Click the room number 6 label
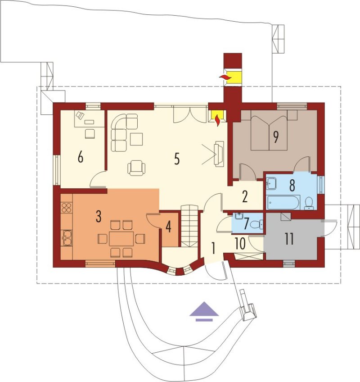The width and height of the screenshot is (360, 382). point(80,157)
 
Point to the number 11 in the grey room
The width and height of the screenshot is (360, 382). point(289,239)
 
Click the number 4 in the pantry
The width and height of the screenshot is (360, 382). point(168,227)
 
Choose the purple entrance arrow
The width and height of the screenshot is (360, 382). point(204,312)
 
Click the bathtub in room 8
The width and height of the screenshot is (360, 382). point(283,202)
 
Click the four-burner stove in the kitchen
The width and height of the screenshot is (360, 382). point(67,208)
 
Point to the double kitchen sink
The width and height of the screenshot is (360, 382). point(67,238)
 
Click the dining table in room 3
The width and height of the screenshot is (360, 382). point(121,239)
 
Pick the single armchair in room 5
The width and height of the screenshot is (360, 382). point(136,168)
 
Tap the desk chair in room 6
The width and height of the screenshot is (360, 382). point(90,134)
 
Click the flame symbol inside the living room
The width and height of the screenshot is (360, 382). point(218,120)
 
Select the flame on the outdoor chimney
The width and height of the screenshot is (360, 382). point(225,77)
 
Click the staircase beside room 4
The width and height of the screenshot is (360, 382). point(190,226)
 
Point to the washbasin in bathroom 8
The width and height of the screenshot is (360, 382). point(271,183)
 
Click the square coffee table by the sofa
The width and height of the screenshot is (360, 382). point(136,139)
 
